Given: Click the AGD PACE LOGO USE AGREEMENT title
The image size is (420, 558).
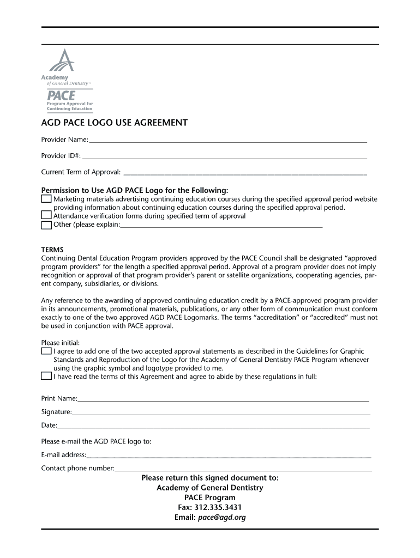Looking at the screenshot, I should [x=115, y=123].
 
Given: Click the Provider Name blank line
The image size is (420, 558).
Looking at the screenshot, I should [x=228, y=141].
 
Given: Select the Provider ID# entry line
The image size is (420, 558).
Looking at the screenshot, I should [x=224, y=157].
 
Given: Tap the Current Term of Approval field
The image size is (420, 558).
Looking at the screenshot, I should [x=245, y=173].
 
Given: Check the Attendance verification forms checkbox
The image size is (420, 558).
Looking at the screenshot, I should [x=46, y=216].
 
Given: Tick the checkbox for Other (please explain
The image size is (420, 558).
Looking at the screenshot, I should [x=46, y=225].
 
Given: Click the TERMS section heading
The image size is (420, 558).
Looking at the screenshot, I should [x=52, y=250].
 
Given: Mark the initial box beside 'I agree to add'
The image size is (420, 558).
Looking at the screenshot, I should [x=46, y=351].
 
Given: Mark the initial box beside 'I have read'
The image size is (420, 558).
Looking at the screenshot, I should [x=46, y=376].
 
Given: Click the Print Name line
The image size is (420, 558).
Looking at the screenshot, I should [x=223, y=399].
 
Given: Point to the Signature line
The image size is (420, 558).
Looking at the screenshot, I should [x=221, y=413].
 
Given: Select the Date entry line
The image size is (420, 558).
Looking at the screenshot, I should [x=213, y=426].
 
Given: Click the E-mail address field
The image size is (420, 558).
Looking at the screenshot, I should [x=229, y=456].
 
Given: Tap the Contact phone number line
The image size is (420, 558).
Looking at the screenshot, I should [x=243, y=469].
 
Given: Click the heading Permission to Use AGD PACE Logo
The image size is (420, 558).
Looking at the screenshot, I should [x=135, y=191].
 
